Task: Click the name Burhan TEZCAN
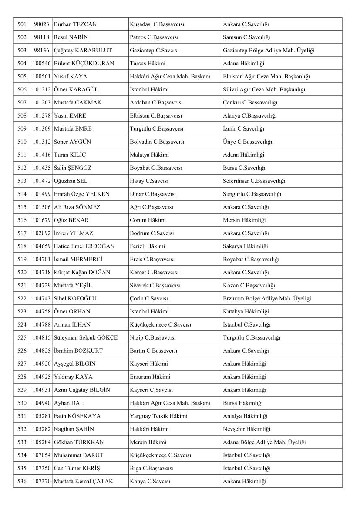[75, 24]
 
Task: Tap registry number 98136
[41, 51]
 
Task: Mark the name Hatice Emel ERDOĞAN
[84, 246]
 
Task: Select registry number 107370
[41, 482]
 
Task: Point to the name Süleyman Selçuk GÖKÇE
[86, 338]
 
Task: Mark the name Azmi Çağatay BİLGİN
[82, 390]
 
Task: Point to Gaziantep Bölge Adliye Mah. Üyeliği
[269, 51]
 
